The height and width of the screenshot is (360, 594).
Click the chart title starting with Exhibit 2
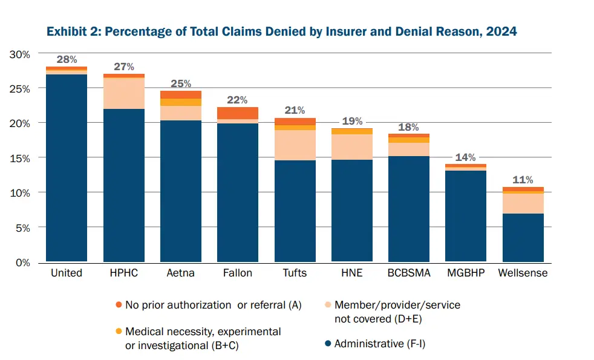point(281,31)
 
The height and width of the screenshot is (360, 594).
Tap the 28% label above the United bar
point(67,59)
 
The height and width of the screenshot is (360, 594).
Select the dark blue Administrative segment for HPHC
point(123,185)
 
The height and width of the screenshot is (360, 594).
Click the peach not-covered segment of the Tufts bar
point(295,145)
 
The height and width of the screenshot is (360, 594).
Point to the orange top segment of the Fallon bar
point(238,113)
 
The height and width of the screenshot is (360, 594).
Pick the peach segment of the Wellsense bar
point(523,203)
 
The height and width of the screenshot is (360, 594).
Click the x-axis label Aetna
point(180,273)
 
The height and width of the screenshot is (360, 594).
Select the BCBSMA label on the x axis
point(409,273)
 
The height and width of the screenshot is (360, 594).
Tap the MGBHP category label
point(466,273)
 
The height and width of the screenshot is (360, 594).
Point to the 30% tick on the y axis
point(21,54)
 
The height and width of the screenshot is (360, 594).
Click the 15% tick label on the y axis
point(21,159)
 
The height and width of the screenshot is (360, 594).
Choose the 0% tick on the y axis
point(23,263)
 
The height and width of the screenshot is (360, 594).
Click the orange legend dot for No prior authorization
point(118,305)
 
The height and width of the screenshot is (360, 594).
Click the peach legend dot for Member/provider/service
point(327,305)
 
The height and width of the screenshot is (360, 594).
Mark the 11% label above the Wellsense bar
point(523,180)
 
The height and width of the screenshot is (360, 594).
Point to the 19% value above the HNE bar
point(351,121)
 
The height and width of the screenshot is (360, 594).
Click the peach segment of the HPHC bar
point(123,93)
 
